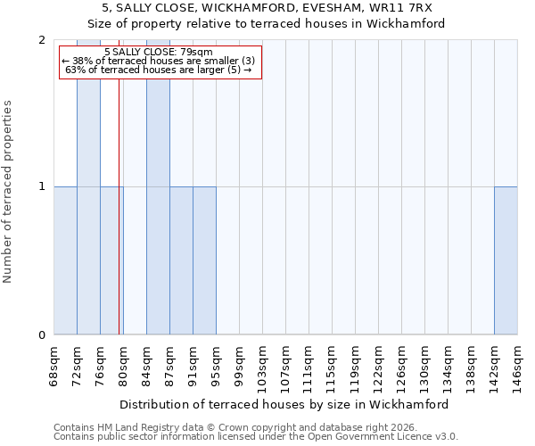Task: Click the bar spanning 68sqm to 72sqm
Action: coord(65,260)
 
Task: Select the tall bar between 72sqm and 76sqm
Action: coord(88,187)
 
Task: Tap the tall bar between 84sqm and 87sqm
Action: coord(158,187)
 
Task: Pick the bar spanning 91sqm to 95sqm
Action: coord(204,260)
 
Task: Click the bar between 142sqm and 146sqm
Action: coord(506,260)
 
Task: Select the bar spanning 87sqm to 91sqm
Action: coord(181,260)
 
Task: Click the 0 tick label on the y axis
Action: coord(42,335)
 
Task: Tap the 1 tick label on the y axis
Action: coord(42,186)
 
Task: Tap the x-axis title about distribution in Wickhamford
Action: coord(284,404)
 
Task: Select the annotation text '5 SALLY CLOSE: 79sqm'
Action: coord(159,52)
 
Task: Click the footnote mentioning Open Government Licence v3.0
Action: coord(256,436)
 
